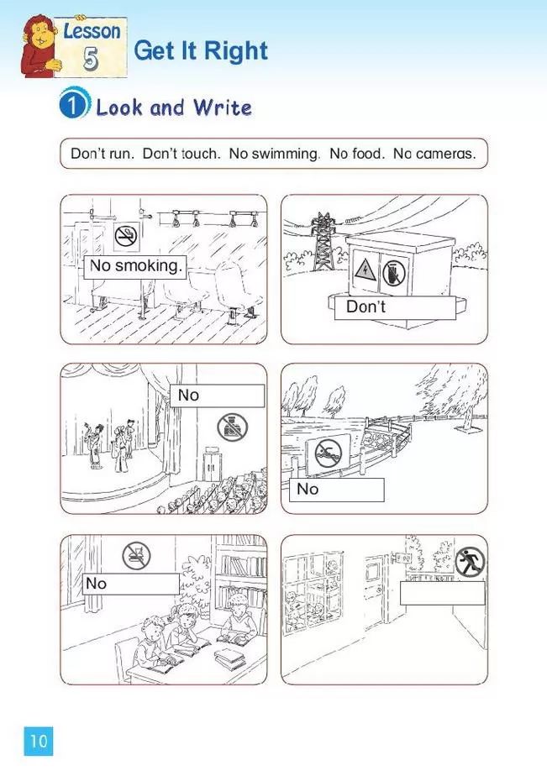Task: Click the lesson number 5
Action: [x=90, y=59]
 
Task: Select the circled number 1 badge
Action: [x=73, y=104]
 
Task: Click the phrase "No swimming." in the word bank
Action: [x=274, y=154]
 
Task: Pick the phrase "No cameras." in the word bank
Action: [x=434, y=154]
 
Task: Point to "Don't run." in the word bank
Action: [x=103, y=154]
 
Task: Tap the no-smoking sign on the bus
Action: [x=127, y=236]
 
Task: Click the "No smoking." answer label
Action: [x=134, y=266]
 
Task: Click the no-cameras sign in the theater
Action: [x=232, y=427]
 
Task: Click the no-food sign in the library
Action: [x=136, y=555]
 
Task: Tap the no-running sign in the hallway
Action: [x=470, y=562]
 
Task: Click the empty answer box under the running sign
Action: [x=442, y=593]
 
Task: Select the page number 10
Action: [x=39, y=741]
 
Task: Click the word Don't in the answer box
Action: [x=366, y=307]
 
